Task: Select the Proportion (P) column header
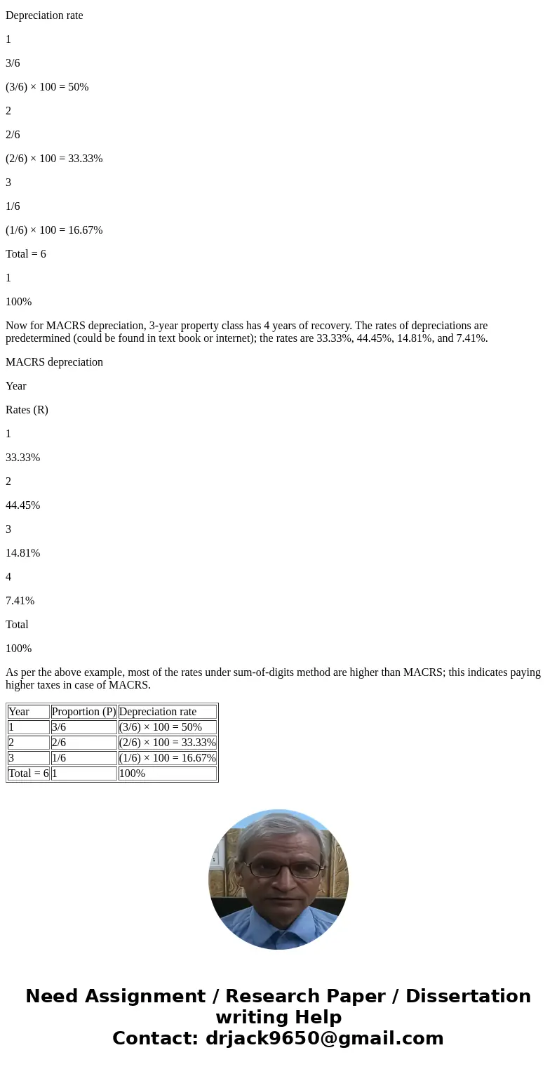83,712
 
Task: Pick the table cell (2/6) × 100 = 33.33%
167,743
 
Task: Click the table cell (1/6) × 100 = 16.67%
167,758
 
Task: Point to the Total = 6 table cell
29,773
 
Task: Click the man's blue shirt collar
278,930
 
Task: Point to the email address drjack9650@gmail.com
324,1039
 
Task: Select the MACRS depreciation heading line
54,362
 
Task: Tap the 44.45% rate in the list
22,505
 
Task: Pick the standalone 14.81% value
22,553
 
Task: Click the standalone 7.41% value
20,601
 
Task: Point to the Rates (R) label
27,410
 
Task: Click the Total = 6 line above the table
26,254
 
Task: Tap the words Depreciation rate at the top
44,15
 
